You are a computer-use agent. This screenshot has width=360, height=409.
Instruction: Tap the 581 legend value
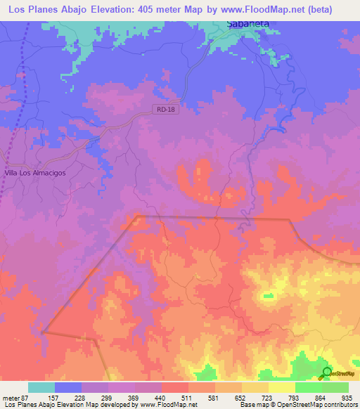[x=216, y=398]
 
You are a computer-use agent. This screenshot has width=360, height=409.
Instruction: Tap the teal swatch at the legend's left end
[x=41, y=387]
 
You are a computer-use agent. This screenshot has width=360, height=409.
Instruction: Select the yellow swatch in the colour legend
[x=282, y=387]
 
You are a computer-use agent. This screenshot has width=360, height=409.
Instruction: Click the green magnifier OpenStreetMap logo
[x=326, y=372]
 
